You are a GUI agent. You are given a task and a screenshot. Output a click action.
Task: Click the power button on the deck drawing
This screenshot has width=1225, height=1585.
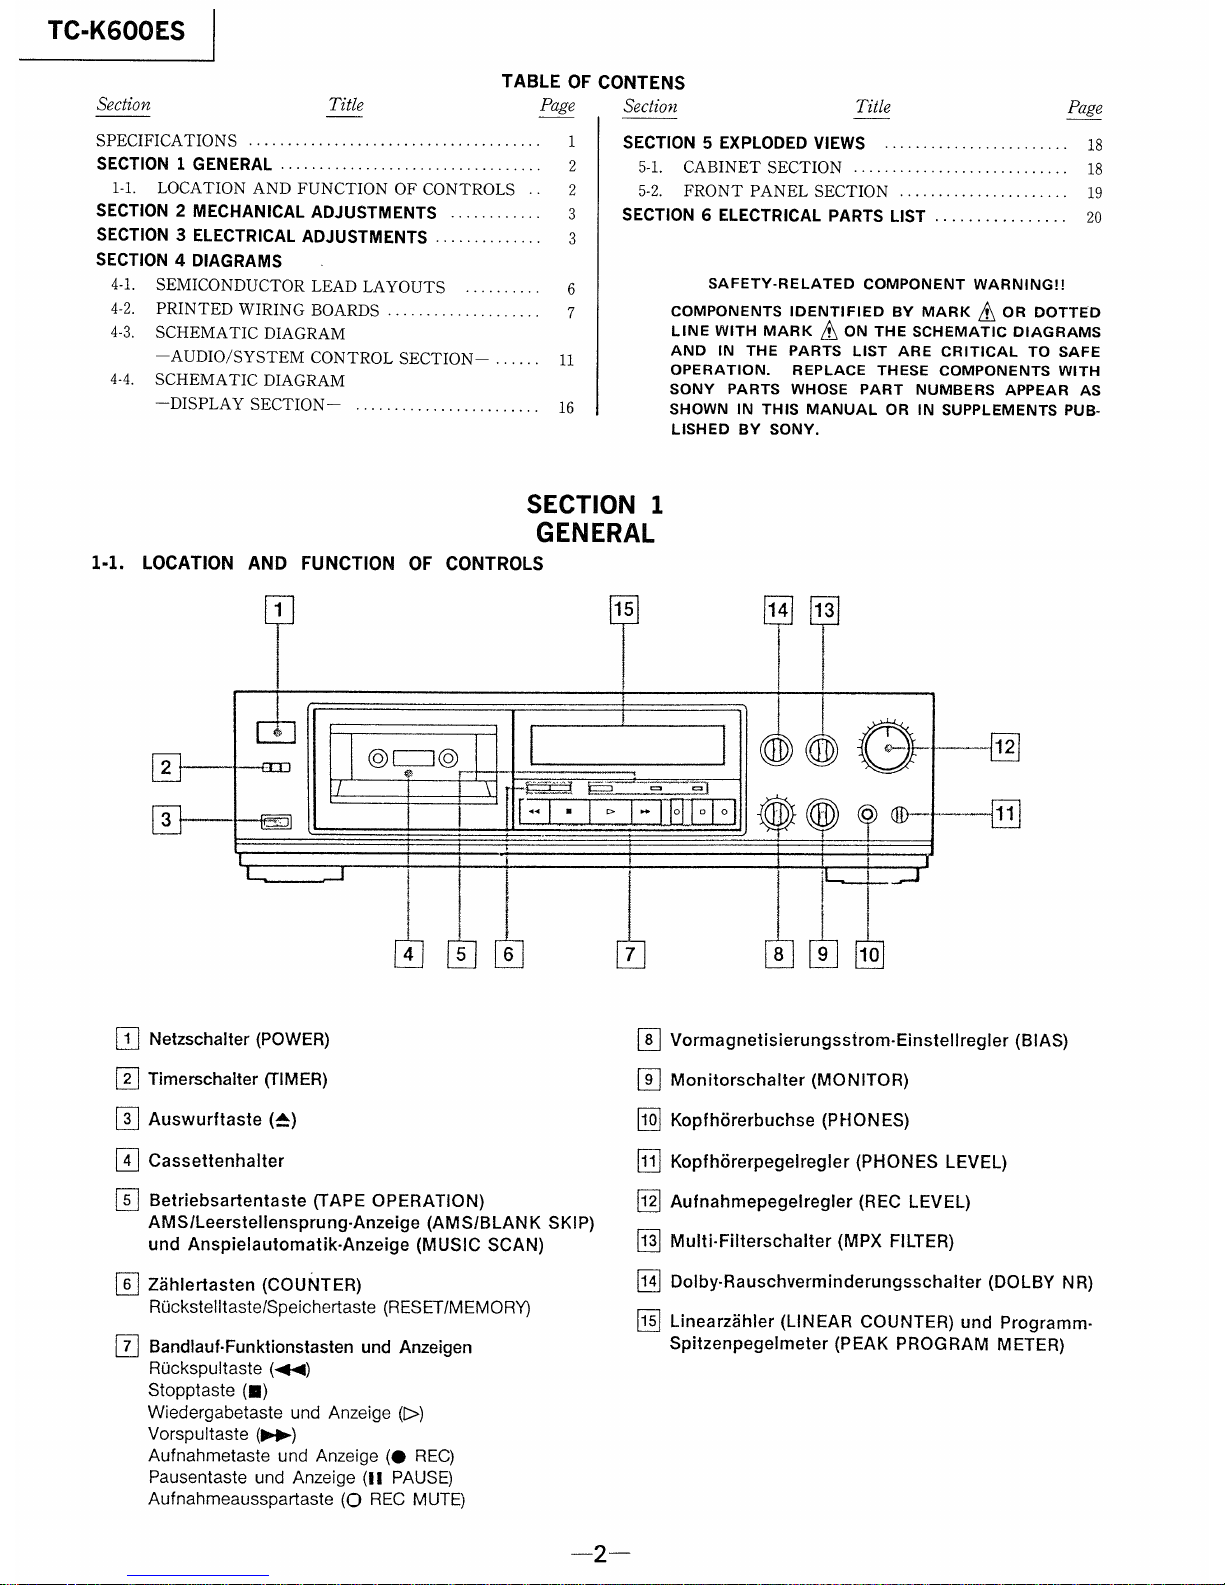277,733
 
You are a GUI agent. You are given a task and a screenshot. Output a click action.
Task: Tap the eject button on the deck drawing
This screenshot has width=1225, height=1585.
276,822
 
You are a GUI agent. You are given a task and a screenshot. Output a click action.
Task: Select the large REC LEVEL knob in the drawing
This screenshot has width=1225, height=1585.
886,747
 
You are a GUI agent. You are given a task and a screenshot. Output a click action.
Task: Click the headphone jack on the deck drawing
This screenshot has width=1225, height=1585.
868,815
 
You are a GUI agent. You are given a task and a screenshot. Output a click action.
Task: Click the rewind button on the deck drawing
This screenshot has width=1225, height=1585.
535,812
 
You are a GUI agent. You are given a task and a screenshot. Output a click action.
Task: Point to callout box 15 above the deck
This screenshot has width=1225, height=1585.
623,610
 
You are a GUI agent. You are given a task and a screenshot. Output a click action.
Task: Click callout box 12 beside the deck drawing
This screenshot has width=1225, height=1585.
1004,747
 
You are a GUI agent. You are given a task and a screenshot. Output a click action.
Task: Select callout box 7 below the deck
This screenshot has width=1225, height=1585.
629,955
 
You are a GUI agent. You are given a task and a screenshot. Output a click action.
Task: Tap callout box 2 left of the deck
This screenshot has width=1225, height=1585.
165,768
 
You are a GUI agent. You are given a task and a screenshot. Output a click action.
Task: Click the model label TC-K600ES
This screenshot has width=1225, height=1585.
116,31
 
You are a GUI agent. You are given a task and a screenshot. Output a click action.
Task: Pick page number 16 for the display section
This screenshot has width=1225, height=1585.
566,407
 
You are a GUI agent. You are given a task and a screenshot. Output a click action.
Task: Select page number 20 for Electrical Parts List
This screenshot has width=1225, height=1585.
1094,217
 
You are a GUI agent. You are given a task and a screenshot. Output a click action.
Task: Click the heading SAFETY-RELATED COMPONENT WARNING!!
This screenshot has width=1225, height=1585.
886,285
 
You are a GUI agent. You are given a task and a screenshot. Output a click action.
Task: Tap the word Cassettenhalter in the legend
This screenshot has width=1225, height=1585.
216,1161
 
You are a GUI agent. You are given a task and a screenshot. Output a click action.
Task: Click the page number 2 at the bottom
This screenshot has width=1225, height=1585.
599,1554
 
